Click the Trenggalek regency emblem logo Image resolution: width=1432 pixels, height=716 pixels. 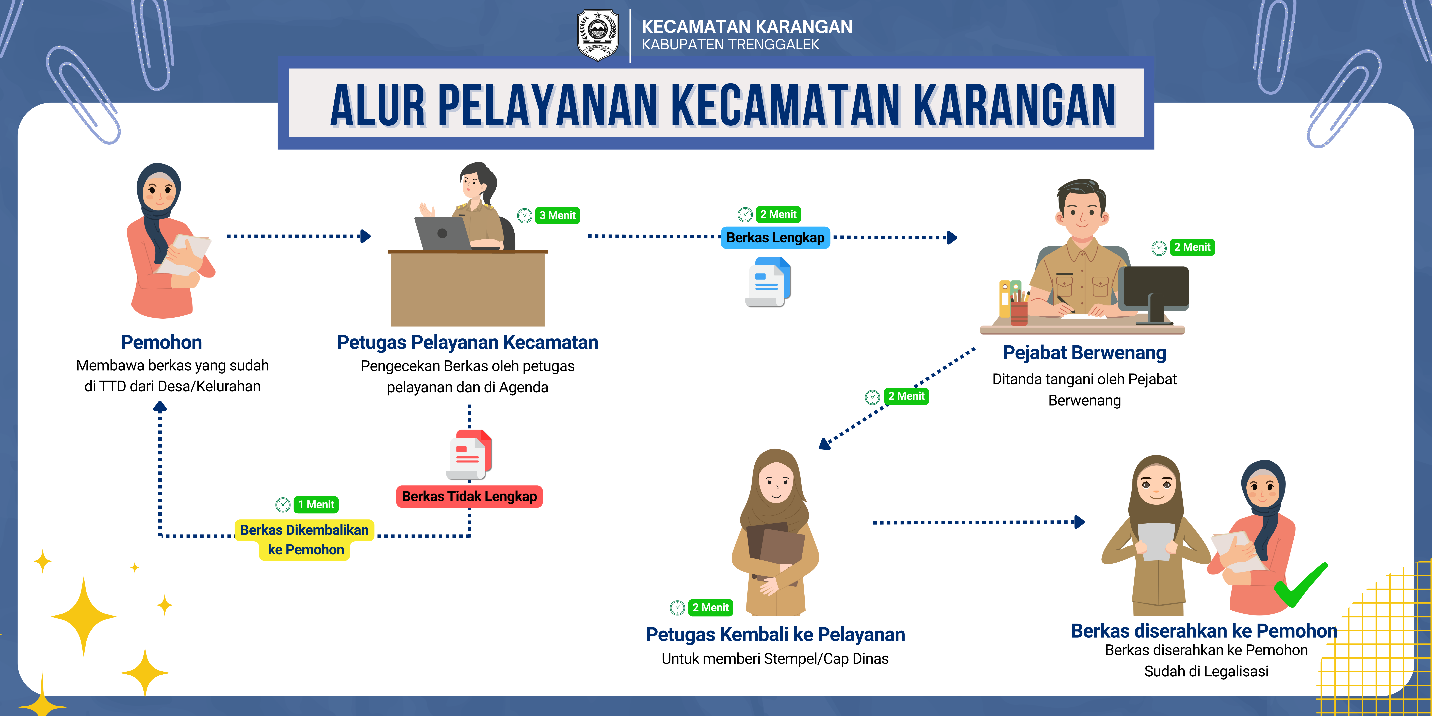pyautogui.click(x=598, y=35)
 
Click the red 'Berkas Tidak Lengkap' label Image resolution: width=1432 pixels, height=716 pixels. pyautogui.click(x=469, y=496)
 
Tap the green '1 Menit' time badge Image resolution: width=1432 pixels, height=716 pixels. pyautogui.click(x=316, y=505)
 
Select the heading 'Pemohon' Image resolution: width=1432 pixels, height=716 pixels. pyautogui.click(x=161, y=343)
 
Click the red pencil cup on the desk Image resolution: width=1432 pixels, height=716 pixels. pyautogui.click(x=1019, y=313)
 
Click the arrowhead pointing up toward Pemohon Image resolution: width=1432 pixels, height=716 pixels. pyautogui.click(x=160, y=406)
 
